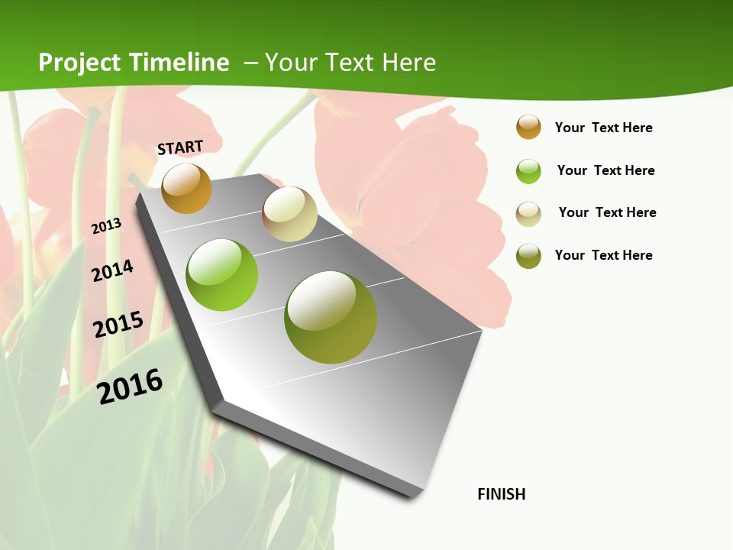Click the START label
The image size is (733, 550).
coord(180,147)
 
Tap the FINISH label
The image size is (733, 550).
coord(502,494)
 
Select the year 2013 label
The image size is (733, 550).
coord(107,225)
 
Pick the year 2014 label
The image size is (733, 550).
coord(113,270)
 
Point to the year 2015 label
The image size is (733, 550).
coord(118,324)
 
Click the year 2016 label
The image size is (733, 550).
coord(131,386)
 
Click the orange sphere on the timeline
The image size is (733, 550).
coord(186,188)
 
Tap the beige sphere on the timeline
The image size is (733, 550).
coord(289,214)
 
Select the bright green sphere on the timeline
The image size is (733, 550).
coord(222,275)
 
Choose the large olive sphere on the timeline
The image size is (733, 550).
coord(331,317)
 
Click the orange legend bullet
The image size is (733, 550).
coord(528,127)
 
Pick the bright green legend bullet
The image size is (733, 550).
coord(528,171)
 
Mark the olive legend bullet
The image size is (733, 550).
coord(528,256)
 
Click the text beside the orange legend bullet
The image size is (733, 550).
coord(603,128)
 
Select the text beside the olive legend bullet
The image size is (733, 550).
coord(603,255)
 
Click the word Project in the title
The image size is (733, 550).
coord(79,63)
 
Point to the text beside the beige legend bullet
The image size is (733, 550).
coord(607,212)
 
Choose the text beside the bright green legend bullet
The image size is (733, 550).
coord(605,170)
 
